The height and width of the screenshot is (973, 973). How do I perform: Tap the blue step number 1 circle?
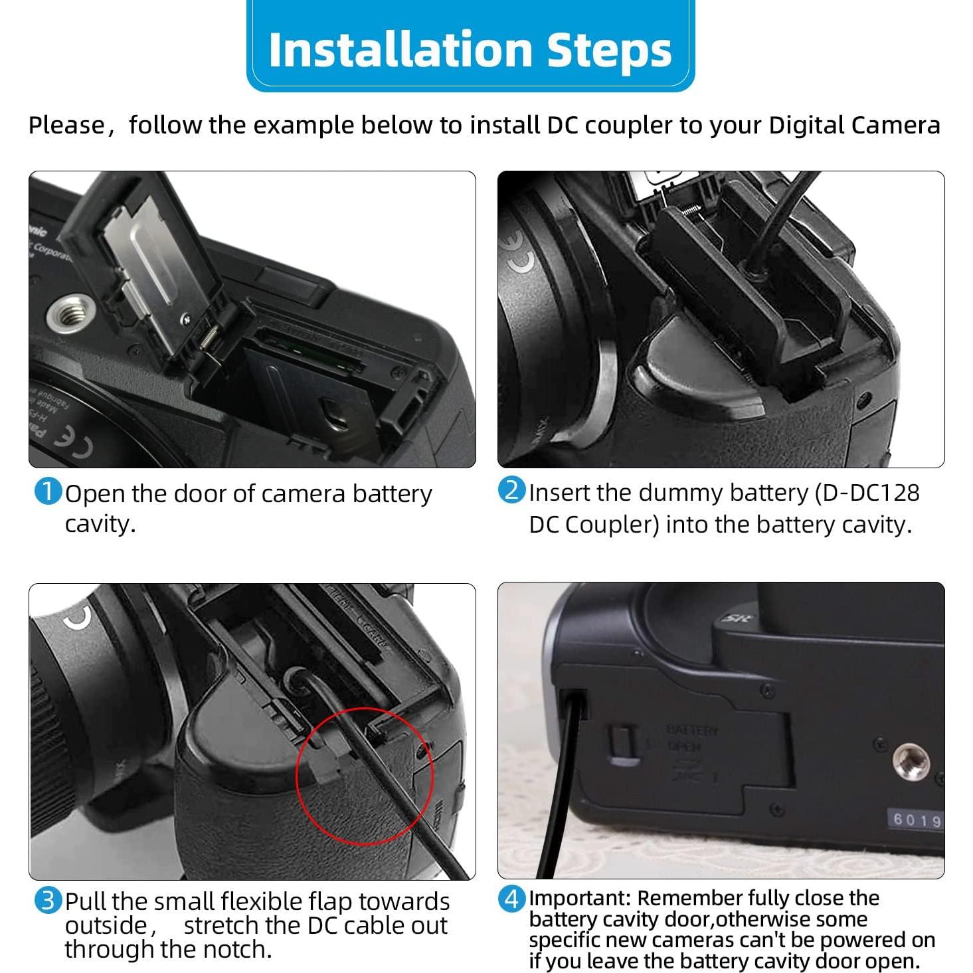(47, 492)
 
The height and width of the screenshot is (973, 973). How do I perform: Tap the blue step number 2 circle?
(511, 491)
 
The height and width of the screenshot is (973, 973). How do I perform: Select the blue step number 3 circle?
(47, 901)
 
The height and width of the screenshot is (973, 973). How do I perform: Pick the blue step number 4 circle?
(511, 899)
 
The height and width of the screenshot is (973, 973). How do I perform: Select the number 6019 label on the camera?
(917, 820)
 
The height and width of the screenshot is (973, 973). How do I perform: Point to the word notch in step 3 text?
(236, 950)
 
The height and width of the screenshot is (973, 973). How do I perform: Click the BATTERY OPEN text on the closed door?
(692, 738)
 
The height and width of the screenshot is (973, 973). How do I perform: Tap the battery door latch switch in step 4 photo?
(619, 741)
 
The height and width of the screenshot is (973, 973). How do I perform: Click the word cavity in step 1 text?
(100, 524)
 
